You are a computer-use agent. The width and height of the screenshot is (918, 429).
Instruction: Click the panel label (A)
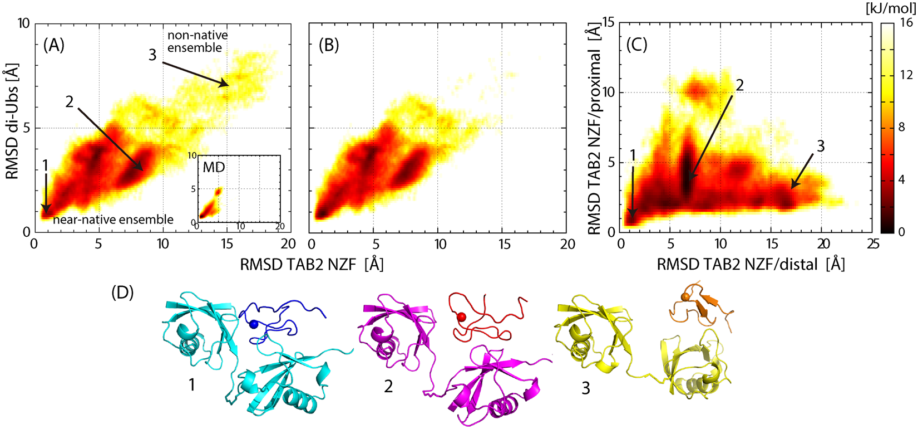tap(53, 45)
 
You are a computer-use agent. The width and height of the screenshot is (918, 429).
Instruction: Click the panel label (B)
tap(328, 45)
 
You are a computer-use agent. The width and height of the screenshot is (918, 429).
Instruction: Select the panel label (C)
tap(636, 45)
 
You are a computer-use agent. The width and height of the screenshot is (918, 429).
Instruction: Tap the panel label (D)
tap(122, 292)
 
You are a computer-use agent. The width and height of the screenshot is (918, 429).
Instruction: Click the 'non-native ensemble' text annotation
tap(197, 42)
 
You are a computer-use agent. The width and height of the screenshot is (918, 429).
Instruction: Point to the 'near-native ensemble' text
tap(113, 220)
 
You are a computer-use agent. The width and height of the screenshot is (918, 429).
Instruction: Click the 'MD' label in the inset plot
tap(213, 167)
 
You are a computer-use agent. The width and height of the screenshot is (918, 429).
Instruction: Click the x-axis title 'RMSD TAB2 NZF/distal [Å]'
tap(751, 264)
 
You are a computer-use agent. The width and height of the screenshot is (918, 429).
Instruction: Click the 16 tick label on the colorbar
tap(905, 23)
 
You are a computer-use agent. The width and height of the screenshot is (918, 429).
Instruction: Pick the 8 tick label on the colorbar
tap(902, 128)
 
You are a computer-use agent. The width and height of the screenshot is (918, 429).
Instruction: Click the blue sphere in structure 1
tap(254, 324)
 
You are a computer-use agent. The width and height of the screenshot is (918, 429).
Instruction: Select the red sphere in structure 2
tap(461, 317)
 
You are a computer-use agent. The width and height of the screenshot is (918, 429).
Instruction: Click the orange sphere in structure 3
tap(685, 298)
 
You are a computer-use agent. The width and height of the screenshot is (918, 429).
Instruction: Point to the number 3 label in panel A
tap(152, 55)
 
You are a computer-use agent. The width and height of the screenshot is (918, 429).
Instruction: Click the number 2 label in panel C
tap(739, 85)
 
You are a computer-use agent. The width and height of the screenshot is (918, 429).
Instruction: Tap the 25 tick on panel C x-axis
tap(872, 244)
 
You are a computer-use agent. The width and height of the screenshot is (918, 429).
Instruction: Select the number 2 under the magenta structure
tap(388, 386)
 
